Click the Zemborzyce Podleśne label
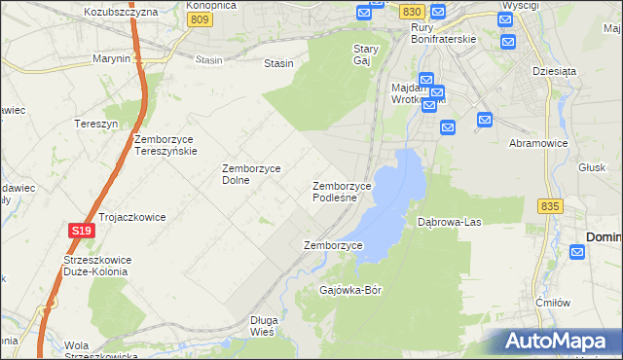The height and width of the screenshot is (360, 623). point(342,192)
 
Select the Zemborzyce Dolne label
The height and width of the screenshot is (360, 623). point(251,174)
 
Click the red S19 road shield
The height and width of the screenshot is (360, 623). point(82,231)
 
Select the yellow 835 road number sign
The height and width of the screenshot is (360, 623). point(550,206)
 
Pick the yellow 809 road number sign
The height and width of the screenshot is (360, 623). point(201,19)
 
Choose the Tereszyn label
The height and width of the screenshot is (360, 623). point(95,125)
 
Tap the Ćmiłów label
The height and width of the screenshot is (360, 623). point(552,303)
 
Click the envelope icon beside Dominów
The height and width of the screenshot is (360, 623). point(577,253)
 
